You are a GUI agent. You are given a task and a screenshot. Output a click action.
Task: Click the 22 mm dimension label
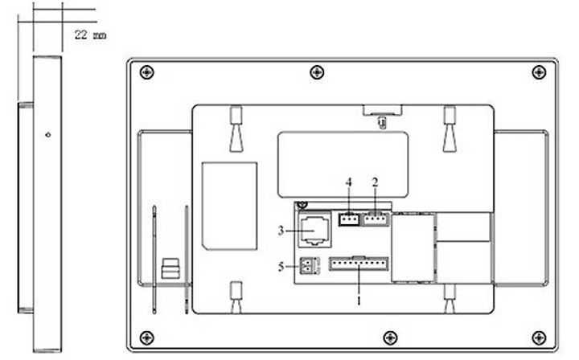pos(90,35)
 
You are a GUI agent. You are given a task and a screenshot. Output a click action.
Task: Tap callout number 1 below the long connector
pos(359,301)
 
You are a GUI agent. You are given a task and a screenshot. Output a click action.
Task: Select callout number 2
pos(376,182)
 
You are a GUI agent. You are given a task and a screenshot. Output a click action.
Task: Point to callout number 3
pos(281,231)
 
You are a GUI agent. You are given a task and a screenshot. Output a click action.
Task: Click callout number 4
pos(348,182)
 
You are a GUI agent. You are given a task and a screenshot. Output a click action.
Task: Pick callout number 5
pos(281,267)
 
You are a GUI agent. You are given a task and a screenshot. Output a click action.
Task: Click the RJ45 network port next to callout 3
pos(314,229)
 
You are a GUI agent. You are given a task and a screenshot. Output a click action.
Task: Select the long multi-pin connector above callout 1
pos(359,264)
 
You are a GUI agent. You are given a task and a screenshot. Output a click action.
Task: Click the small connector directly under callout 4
pos(349,219)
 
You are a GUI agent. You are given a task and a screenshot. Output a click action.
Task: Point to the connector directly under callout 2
pos(376,219)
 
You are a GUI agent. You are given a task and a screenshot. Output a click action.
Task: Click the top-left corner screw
pos(147,72)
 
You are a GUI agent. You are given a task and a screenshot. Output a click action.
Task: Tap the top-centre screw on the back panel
pos(317,72)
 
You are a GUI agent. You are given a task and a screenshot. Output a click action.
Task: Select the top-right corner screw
pos(539,72)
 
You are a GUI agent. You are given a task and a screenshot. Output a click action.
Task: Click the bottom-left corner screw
pos(147,337)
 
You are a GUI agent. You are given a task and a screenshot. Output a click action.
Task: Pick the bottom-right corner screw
pos(539,337)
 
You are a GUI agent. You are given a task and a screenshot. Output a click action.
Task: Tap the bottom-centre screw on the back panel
pos(390,337)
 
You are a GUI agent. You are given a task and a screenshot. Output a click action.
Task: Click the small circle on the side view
pos(48,135)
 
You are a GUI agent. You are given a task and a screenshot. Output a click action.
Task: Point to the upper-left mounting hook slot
pos(236,129)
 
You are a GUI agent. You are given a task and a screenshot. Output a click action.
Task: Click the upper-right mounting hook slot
pos(450,129)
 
